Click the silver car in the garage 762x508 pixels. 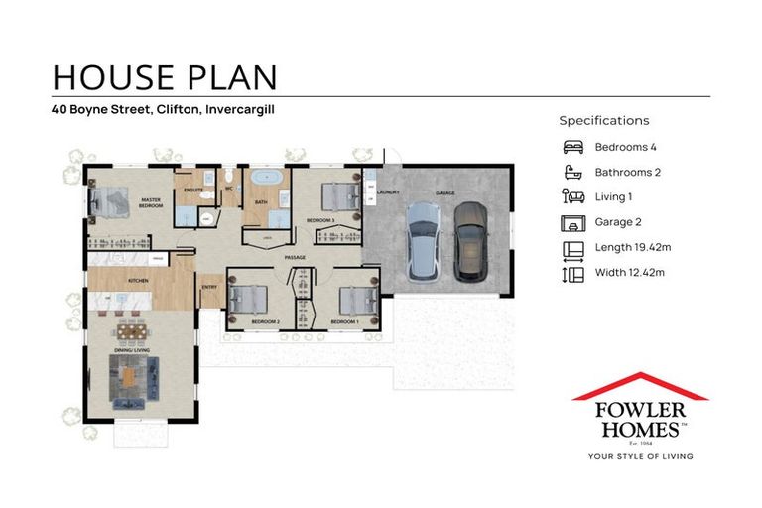point(422,242)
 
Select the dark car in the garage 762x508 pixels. point(469,242)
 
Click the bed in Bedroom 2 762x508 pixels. point(248,299)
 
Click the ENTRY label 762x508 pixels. point(209,288)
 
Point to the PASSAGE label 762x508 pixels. point(295,258)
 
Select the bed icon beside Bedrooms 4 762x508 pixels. point(572,147)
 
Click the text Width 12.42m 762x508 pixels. point(629,272)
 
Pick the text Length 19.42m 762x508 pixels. point(631,247)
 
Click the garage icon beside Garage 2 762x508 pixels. point(572,222)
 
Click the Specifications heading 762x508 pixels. point(604,120)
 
